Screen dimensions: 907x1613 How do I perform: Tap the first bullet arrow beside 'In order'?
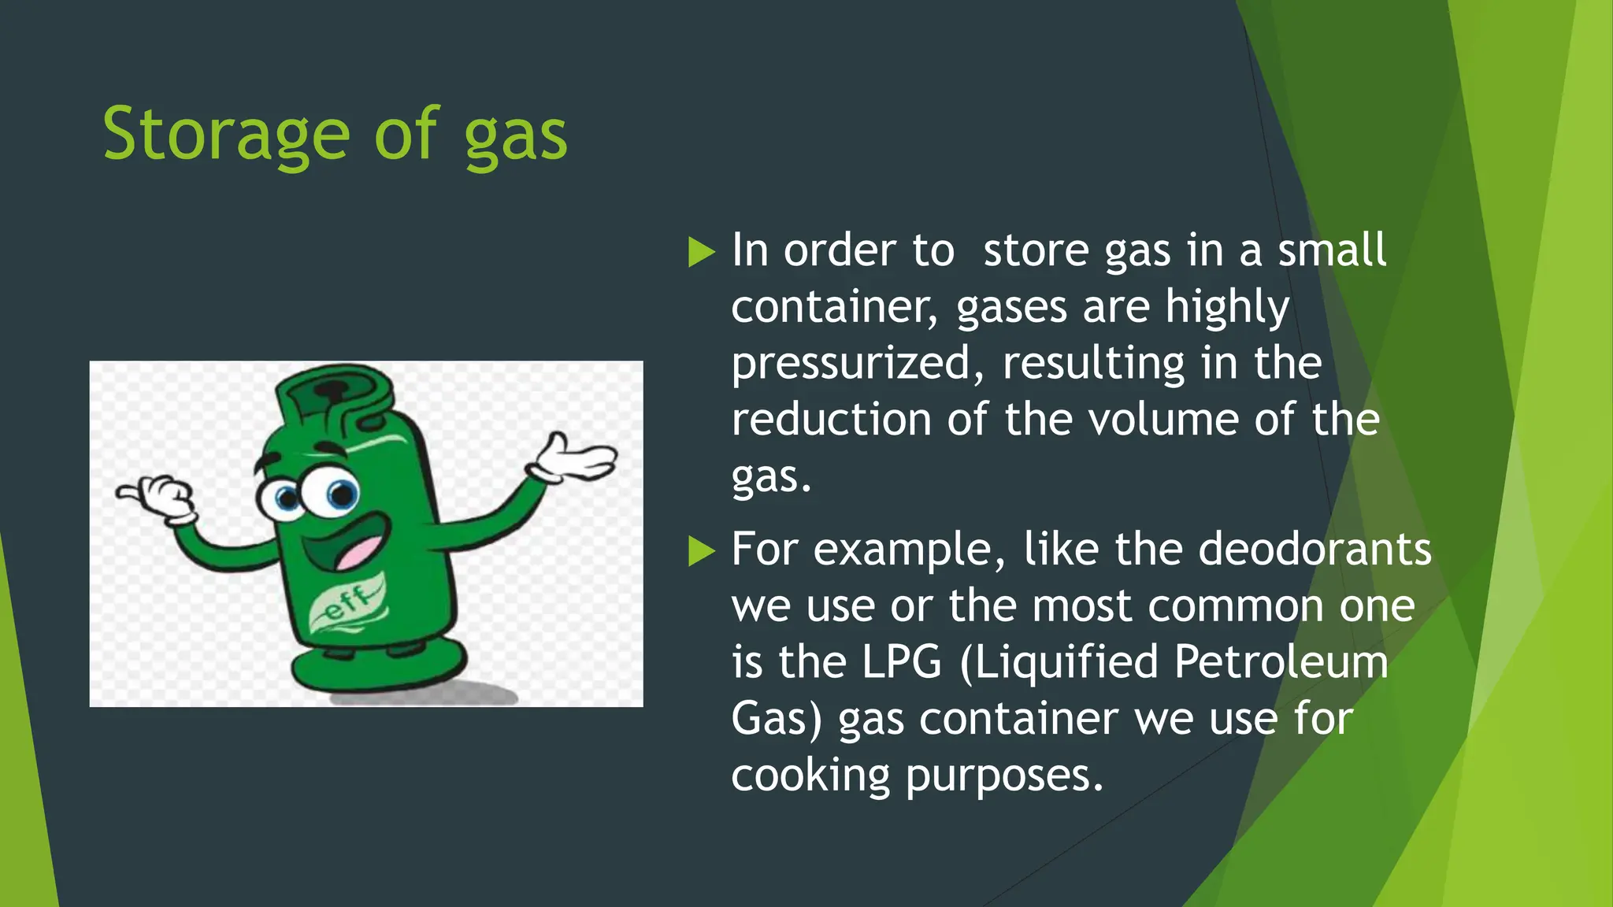(x=701, y=252)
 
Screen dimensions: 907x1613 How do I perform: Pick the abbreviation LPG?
(x=901, y=662)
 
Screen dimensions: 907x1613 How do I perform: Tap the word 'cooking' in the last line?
(x=810, y=776)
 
